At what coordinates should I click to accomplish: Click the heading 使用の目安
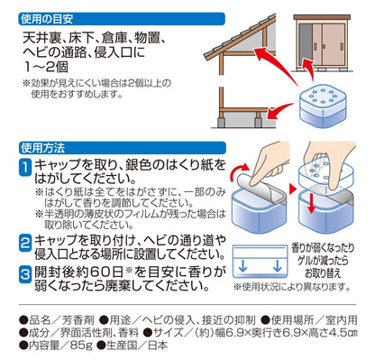(47, 19)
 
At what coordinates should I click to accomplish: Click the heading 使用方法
(43, 148)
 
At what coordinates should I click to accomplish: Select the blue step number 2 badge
(25, 243)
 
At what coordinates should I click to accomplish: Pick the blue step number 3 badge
(25, 273)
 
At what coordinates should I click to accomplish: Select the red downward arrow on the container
(311, 204)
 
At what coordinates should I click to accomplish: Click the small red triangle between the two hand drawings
(292, 189)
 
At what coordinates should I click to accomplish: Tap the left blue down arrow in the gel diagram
(242, 266)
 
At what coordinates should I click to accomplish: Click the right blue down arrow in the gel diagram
(278, 266)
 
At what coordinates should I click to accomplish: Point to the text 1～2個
(46, 67)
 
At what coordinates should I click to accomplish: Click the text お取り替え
(323, 273)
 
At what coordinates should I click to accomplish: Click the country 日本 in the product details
(158, 345)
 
